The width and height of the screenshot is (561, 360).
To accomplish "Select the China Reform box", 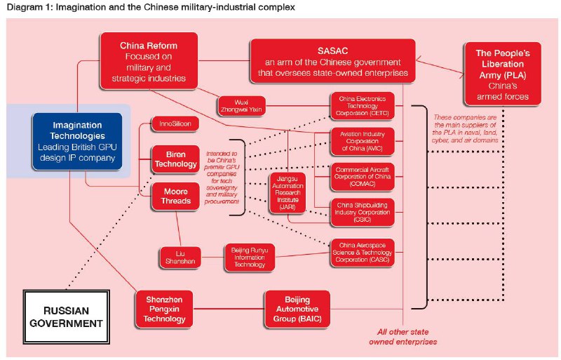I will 148,62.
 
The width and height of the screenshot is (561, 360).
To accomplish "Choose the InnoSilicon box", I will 175,124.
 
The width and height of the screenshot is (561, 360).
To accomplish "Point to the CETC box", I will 363,106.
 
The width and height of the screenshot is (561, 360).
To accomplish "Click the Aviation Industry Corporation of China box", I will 363,141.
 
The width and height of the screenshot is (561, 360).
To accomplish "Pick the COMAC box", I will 363,176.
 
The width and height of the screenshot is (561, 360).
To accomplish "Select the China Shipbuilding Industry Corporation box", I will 363,211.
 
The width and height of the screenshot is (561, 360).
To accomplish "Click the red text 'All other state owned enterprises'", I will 403,337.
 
